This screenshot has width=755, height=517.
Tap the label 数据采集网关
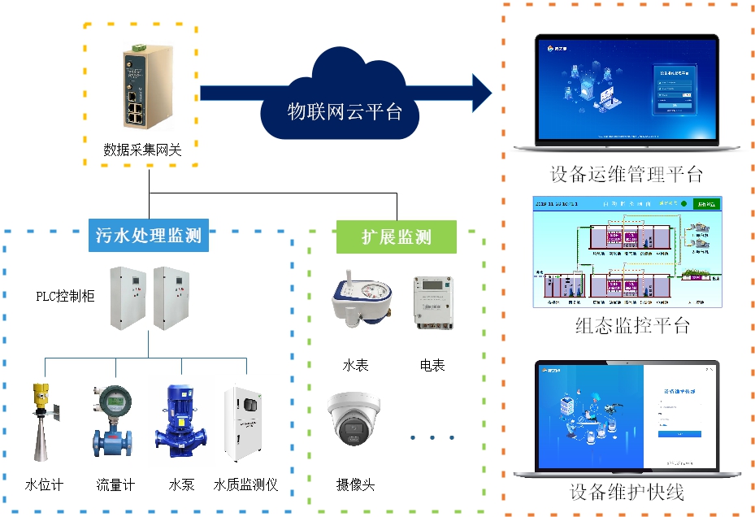(142, 150)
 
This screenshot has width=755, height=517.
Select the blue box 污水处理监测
(149, 237)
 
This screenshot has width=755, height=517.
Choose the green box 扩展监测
(397, 237)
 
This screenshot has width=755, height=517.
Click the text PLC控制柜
(65, 296)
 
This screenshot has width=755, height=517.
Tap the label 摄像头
(355, 484)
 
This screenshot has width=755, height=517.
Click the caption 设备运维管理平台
(626, 174)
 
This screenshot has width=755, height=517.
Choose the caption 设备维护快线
(627, 492)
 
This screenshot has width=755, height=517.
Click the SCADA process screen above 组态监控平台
(627, 251)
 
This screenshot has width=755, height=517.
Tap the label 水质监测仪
(245, 484)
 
